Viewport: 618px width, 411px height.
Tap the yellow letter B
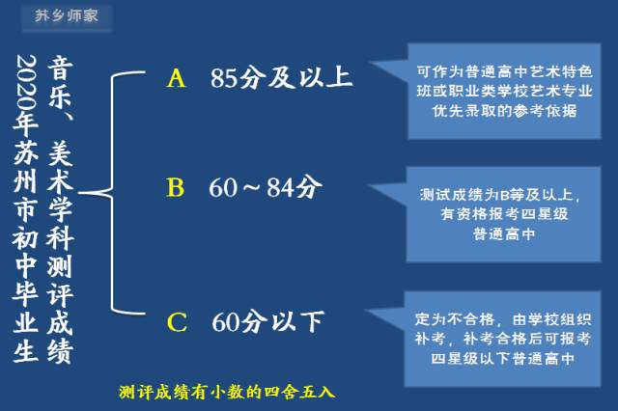175,188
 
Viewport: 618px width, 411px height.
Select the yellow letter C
177,322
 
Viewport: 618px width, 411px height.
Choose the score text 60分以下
267,322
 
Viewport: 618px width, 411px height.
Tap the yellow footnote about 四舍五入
226,392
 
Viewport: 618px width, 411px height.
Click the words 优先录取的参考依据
505,110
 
